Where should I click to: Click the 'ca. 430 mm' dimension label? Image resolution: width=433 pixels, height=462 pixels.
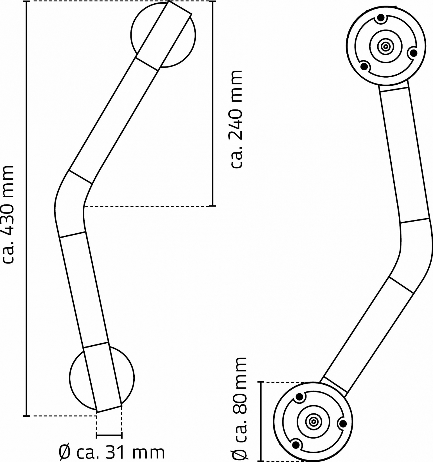pyautogui.click(x=8, y=214)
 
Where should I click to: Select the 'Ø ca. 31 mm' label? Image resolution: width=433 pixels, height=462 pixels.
pyautogui.click(x=112, y=452)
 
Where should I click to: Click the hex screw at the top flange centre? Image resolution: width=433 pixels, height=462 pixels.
pyautogui.click(x=386, y=47)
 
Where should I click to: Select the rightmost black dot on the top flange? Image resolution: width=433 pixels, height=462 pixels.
pyautogui.click(x=414, y=53)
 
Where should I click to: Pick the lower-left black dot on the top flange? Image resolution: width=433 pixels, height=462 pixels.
pyautogui.click(x=364, y=66)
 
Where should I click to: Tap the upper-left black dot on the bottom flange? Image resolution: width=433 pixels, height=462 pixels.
pyautogui.click(x=299, y=397)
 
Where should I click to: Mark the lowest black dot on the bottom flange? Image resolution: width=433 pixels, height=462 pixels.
pyautogui.click(x=297, y=444)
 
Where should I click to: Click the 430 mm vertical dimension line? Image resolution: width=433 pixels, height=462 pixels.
pyautogui.click(x=27, y=209)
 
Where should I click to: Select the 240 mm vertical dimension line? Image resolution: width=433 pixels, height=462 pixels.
pyautogui.click(x=213, y=104)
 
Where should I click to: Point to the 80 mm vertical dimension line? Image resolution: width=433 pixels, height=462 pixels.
pyautogui.click(x=261, y=422)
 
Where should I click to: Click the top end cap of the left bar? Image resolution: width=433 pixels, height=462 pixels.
pyautogui.click(x=180, y=8)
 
